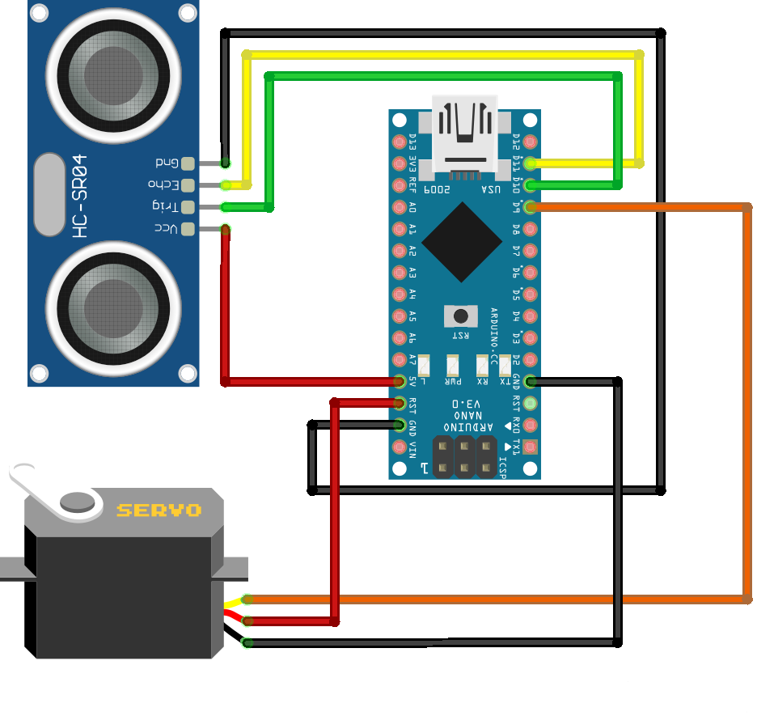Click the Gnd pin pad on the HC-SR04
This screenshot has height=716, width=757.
pyautogui.click(x=188, y=163)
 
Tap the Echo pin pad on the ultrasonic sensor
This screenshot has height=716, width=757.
pyautogui.click(x=188, y=185)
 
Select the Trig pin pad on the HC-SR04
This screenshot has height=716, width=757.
pyautogui.click(x=188, y=207)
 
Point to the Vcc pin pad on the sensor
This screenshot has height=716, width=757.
pyautogui.click(x=188, y=229)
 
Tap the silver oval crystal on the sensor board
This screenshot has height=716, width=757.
pyautogui.click(x=49, y=195)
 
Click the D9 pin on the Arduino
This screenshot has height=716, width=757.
pyautogui.click(x=531, y=207)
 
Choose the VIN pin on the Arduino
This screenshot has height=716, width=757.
pyautogui.click(x=399, y=446)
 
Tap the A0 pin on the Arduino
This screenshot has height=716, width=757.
pyautogui.click(x=399, y=207)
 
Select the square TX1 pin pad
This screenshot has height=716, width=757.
pyautogui.click(x=531, y=446)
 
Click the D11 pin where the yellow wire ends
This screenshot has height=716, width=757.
pyautogui.click(x=531, y=163)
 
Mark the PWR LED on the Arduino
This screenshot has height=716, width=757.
pyautogui.click(x=452, y=365)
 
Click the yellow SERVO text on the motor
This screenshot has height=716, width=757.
pyautogui.click(x=159, y=511)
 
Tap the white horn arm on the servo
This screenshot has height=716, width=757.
pyautogui.click(x=49, y=490)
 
